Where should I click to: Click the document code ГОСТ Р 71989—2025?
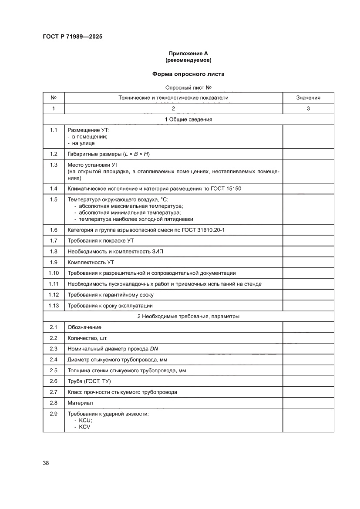72,37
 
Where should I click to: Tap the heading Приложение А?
188,54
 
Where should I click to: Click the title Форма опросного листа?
188,74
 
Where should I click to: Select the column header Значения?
308,98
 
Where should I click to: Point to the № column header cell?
54,98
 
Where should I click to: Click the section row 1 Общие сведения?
188,119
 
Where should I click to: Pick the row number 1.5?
54,199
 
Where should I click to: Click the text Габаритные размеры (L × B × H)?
109,154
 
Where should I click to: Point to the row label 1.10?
54,273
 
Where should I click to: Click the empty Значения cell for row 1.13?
308,306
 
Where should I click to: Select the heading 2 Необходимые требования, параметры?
188,317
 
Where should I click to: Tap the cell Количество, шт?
87,338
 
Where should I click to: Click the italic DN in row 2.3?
154,349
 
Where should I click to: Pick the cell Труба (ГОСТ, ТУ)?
89,381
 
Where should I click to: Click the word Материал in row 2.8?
81,403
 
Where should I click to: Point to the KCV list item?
84,427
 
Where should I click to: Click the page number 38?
46,462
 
